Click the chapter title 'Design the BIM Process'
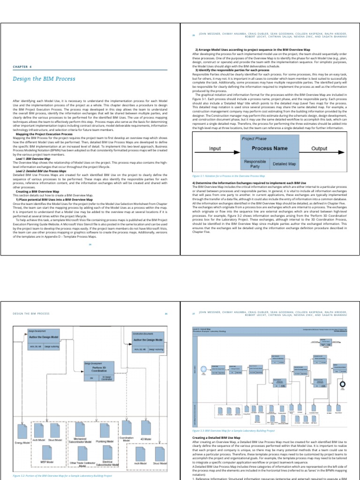(x=44, y=79)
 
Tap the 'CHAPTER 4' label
(x=22, y=67)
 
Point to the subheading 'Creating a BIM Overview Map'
(x=37, y=192)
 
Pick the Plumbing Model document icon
(x=104, y=431)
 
